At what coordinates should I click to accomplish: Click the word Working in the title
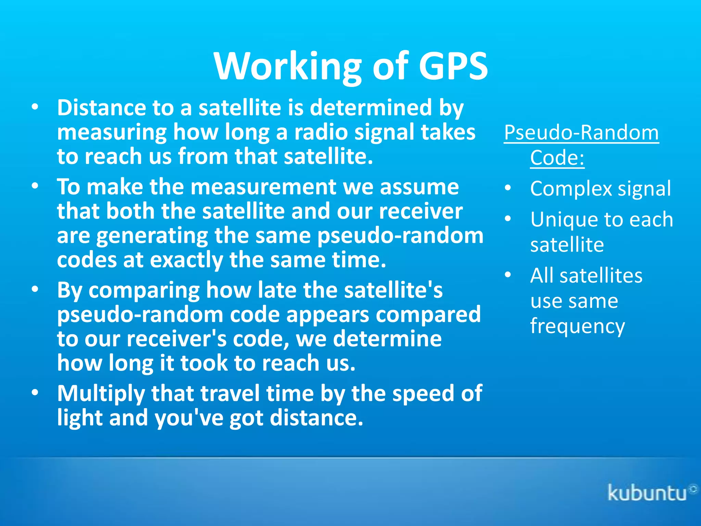[x=288, y=66]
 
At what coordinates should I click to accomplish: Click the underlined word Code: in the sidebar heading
[x=557, y=158]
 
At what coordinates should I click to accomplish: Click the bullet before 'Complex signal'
[x=508, y=188]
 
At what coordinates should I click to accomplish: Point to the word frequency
[x=577, y=326]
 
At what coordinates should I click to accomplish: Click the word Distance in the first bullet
[x=101, y=108]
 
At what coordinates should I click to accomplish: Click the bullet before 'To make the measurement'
[x=35, y=186]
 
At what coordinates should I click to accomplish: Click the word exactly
[x=186, y=260]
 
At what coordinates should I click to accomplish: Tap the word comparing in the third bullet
[x=144, y=290]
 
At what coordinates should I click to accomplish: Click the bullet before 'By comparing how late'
[x=35, y=290]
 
